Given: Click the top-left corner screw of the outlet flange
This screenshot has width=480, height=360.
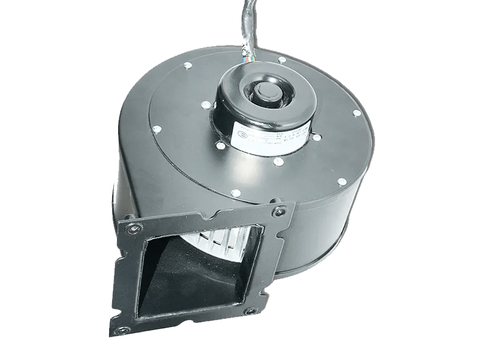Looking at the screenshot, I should [131, 227].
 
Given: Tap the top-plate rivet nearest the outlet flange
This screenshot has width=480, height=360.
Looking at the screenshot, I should [235, 193].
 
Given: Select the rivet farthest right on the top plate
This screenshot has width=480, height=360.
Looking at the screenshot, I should [357, 113].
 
